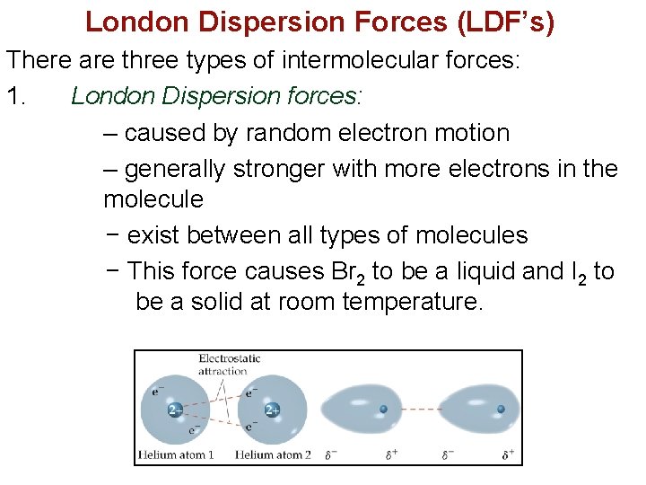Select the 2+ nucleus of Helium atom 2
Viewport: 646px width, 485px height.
(273, 410)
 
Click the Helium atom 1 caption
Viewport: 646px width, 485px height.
(176, 455)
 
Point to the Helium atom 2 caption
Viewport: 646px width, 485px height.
(273, 455)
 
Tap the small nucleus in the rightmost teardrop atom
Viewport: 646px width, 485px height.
(501, 410)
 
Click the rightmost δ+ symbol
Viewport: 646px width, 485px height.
(509, 454)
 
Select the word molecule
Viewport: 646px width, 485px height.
(153, 198)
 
